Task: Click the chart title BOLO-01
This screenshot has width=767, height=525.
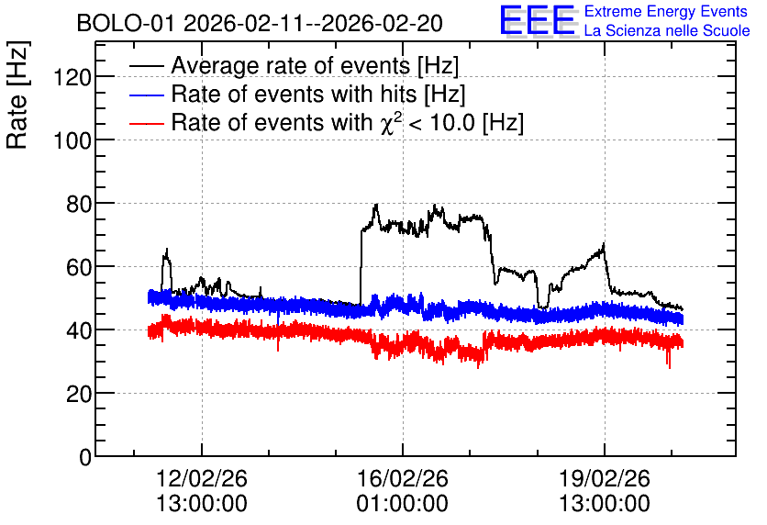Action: tap(125, 23)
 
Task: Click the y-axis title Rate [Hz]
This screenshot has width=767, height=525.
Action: tap(17, 95)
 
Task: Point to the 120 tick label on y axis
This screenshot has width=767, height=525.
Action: tap(72, 77)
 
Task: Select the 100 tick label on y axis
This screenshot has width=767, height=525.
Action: tap(72, 140)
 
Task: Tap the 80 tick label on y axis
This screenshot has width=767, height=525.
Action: tap(79, 204)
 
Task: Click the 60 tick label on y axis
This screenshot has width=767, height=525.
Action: tap(79, 267)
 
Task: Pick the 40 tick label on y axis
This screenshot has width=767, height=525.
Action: tap(79, 330)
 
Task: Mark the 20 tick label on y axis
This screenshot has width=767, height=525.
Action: tap(79, 394)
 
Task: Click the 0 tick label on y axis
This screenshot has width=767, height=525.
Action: tap(85, 457)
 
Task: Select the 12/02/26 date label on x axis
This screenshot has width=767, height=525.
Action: tap(202, 478)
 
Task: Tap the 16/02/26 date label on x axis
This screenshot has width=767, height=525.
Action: tap(403, 478)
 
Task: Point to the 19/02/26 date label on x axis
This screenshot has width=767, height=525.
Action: tap(605, 478)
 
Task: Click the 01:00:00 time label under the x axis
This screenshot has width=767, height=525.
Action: tap(402, 504)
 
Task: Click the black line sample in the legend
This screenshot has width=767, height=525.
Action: tap(146, 66)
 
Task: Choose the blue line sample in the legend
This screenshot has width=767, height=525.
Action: tap(146, 95)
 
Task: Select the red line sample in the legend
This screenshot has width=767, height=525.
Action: tap(146, 123)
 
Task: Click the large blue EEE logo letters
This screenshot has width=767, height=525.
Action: tap(538, 20)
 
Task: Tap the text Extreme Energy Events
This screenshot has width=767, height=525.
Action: tap(666, 11)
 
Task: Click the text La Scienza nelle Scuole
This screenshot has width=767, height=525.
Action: tap(667, 30)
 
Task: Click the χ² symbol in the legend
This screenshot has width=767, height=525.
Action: tap(390, 122)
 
